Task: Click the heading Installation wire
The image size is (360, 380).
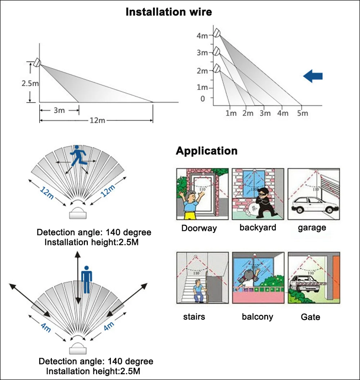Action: [168, 12]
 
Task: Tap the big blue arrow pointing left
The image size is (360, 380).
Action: [312, 76]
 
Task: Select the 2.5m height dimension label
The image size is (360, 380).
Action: [30, 83]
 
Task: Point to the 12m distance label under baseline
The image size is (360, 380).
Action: [97, 120]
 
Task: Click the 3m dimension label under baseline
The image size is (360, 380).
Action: [59, 111]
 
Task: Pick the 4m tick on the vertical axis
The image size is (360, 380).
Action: [202, 36]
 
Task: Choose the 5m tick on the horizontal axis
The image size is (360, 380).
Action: [302, 113]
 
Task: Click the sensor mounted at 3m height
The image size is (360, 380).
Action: [216, 52]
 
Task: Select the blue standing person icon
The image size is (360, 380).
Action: [86, 280]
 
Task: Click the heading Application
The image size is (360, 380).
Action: [206, 151]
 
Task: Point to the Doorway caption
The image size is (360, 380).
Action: [199, 228]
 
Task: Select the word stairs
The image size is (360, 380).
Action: [194, 317]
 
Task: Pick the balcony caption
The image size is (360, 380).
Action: [257, 317]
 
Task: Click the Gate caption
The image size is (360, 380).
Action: [310, 317]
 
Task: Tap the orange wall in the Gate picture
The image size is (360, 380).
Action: [336, 277]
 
